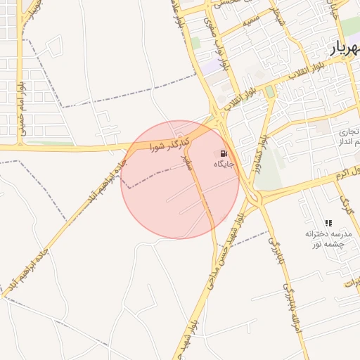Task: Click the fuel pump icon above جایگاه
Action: coord(224,153)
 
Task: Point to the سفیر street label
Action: coord(187,163)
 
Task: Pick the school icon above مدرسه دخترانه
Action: coord(328,223)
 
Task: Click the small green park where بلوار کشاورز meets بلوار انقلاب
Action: coord(270,92)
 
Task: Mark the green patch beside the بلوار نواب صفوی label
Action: coord(195,44)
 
